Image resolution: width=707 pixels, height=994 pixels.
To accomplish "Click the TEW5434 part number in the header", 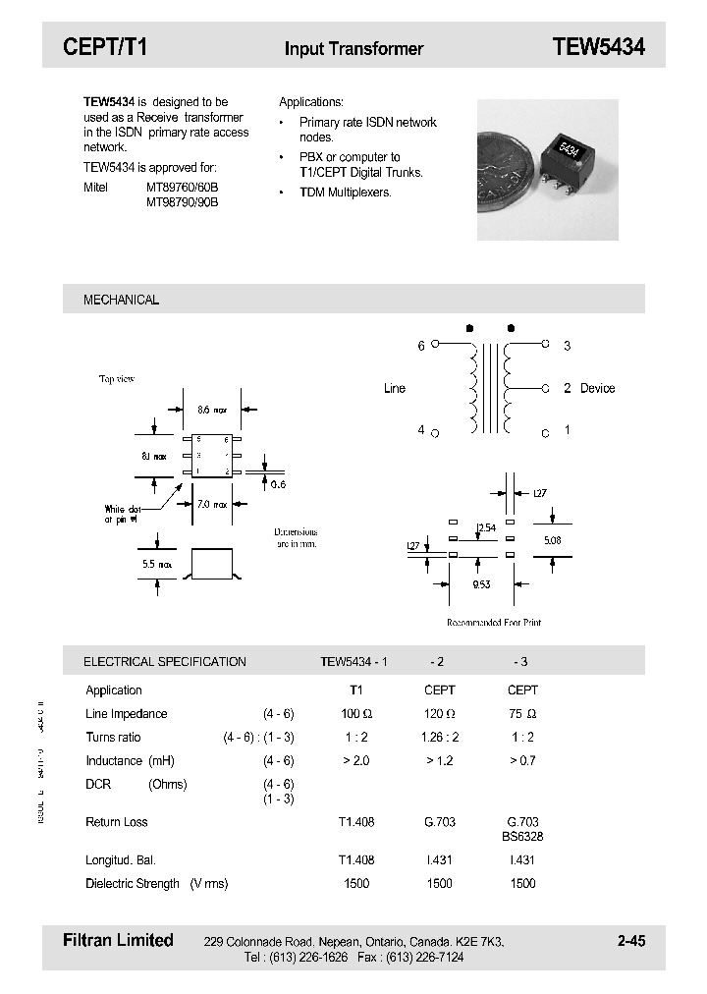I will click(598, 47).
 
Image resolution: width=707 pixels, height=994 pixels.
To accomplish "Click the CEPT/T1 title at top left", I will click(105, 47).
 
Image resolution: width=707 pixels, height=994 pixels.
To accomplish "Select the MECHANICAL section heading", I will click(121, 300).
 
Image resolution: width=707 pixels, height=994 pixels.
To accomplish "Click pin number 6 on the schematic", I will click(421, 346).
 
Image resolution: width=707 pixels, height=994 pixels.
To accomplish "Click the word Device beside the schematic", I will click(597, 388).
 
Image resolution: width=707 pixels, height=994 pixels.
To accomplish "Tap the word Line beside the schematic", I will click(394, 388).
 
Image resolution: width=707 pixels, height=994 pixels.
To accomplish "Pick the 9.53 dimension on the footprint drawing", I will click(481, 584).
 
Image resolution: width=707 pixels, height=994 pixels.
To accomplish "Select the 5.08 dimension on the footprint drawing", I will click(554, 539).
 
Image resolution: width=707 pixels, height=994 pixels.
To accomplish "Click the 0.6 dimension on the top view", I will click(278, 484).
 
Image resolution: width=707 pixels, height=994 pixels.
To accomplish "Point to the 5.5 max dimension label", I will click(158, 565).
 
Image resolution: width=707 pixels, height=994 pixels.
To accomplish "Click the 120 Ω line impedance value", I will click(439, 714).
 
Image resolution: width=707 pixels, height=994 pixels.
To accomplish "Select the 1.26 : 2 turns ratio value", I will click(440, 737).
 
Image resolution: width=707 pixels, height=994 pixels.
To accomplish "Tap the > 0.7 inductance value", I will click(522, 760).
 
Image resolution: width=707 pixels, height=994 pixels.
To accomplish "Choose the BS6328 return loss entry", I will click(522, 837).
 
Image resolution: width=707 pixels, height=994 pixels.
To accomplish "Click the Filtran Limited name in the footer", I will click(118, 940).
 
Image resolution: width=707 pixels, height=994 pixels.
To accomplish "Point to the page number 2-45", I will click(631, 941).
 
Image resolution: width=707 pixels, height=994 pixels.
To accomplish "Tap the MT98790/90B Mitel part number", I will click(183, 201).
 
